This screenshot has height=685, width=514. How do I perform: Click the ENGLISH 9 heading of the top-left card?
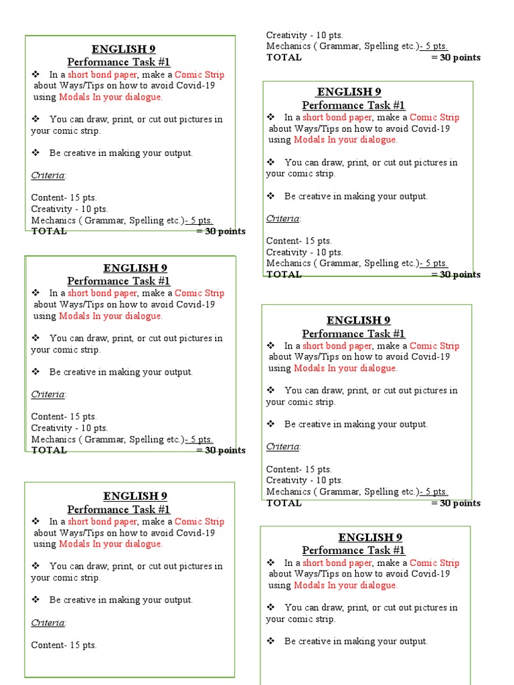point(124,49)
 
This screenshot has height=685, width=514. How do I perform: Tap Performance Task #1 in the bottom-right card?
point(353,551)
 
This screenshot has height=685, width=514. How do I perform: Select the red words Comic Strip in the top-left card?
point(199,75)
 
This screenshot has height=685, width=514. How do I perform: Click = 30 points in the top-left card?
point(221,231)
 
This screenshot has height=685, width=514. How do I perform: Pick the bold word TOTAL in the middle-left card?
point(49,450)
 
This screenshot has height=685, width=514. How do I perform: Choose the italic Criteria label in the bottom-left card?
point(48,623)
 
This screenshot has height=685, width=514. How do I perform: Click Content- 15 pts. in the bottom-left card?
point(64,646)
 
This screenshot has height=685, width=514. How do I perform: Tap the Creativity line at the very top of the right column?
point(305,35)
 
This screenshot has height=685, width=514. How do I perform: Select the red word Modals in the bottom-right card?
point(309,585)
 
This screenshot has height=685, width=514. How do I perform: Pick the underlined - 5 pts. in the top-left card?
point(199,221)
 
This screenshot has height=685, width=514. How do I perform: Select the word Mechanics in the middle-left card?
point(53,439)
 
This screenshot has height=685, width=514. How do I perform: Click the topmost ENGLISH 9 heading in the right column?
point(349,92)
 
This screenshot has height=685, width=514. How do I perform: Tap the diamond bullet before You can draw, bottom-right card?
point(270,608)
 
